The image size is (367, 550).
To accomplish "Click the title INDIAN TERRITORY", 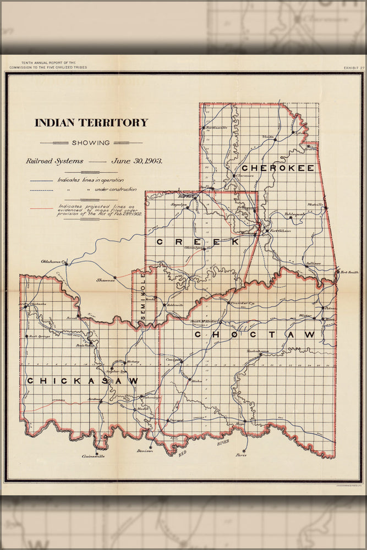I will point(91,123).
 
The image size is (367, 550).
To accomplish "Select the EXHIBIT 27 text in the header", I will point(348,68).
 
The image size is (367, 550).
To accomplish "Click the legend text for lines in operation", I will point(91,180).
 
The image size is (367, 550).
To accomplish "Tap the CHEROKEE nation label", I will point(277,168).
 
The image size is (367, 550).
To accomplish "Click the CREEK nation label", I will point(198,241).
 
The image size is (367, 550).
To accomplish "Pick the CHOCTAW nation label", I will point(255,334).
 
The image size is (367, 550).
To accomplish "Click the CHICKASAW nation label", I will point(83,381).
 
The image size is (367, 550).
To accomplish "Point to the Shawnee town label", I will point(105,280).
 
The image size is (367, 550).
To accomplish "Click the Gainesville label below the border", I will point(93,456).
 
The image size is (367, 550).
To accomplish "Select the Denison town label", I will point(145,450).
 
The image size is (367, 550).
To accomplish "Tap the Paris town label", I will point(240,455).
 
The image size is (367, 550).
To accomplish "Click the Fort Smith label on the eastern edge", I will point(349,272).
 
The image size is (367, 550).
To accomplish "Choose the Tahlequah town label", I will point(294,214).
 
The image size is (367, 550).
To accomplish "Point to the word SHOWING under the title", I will point(91,142).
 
